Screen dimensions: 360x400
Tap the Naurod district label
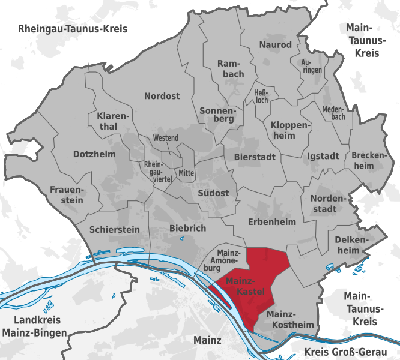click(275, 45)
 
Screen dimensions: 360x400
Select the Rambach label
click(230, 68)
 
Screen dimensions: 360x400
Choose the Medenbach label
click(333, 113)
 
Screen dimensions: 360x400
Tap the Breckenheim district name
click(368, 160)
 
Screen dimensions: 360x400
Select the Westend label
click(166, 139)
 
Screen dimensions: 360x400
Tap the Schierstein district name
click(114, 229)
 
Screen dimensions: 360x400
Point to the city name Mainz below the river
click(208, 340)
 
